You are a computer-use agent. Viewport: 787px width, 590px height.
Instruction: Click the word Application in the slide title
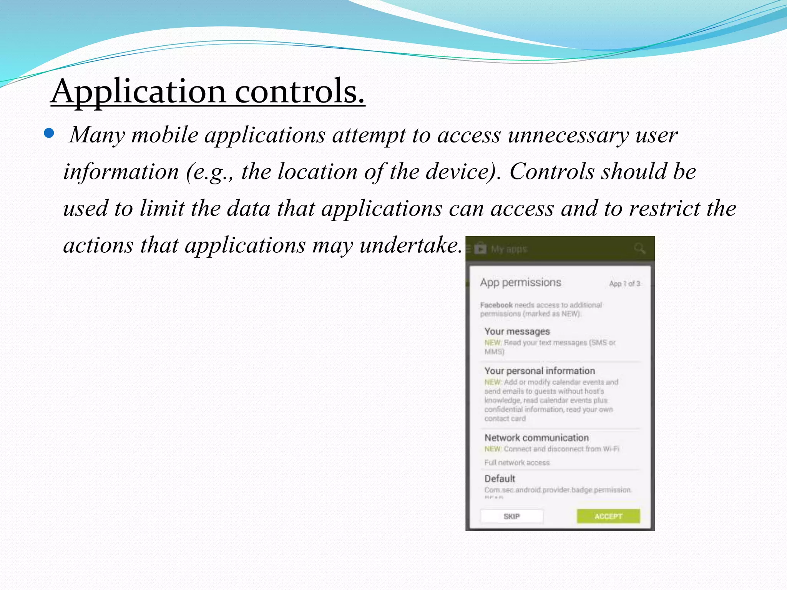click(x=139, y=92)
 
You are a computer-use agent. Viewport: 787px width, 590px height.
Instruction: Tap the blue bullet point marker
click(x=49, y=133)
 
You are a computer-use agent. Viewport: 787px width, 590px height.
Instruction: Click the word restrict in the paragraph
click(x=664, y=209)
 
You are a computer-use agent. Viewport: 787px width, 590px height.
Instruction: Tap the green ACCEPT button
click(x=608, y=516)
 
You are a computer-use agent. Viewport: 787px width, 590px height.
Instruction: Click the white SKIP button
click(x=511, y=516)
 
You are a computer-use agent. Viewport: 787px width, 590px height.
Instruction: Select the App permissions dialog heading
click(x=520, y=283)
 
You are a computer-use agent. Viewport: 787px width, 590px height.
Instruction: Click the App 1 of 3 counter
click(x=624, y=284)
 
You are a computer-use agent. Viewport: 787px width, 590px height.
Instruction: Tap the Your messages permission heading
click(x=517, y=331)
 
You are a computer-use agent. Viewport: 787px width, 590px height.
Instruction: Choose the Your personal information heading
click(x=540, y=371)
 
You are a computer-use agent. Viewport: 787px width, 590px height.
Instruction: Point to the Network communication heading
click(x=536, y=438)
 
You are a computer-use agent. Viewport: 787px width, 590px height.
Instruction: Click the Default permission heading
click(x=500, y=479)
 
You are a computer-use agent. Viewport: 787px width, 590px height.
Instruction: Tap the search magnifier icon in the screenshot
click(x=639, y=249)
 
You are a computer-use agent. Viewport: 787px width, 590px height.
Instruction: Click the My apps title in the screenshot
click(x=509, y=249)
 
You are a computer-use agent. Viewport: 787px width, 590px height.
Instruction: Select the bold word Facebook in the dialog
click(x=496, y=305)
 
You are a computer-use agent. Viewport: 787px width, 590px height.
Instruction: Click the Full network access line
click(x=517, y=462)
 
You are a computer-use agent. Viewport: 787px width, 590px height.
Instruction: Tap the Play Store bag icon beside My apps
click(x=480, y=249)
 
